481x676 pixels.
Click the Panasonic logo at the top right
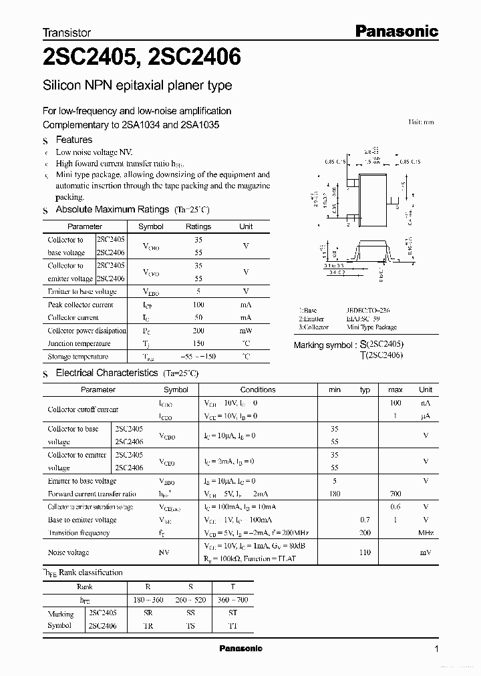pos(395,31)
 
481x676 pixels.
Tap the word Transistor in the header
pos(67,32)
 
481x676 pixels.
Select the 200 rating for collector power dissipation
pos(198,331)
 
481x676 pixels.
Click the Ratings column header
pos(198,226)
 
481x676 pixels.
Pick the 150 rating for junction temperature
pos(198,343)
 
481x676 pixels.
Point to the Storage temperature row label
pos(78,357)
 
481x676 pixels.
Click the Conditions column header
pos(258,389)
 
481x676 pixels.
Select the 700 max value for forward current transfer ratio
pos(395,494)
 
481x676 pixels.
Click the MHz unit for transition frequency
pos(426,533)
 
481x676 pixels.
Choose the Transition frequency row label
pos(79,533)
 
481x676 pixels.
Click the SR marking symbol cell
pos(149,613)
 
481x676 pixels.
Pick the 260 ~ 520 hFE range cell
pos(190,600)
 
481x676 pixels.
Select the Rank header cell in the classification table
pos(85,586)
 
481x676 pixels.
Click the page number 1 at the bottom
pos(436,649)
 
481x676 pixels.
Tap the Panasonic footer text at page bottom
pos(240,649)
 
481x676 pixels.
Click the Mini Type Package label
pos(372,327)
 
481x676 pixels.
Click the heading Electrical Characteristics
pos(106,373)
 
